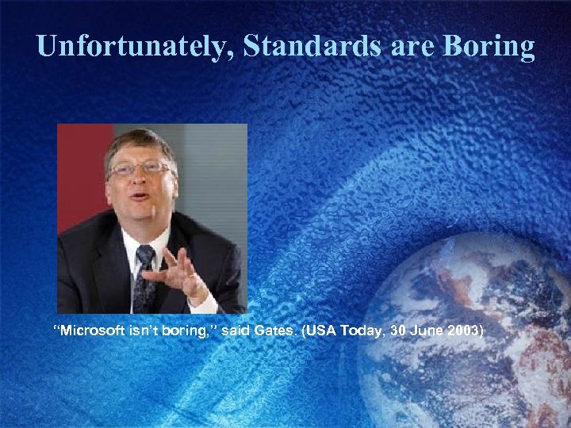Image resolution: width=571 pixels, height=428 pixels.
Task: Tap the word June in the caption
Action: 419,331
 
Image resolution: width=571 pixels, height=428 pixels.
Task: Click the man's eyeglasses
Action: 140,169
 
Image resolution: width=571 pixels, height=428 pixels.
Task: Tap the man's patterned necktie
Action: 144,277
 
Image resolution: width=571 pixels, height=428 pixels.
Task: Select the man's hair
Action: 139,141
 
